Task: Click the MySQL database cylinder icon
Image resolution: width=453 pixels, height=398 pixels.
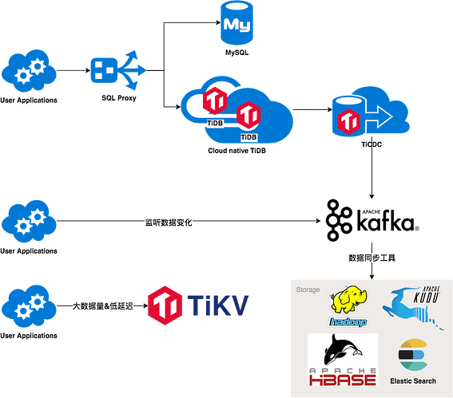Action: tap(237, 23)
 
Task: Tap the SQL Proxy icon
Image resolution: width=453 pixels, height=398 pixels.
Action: tap(118, 70)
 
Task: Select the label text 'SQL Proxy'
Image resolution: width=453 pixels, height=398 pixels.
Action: tap(119, 98)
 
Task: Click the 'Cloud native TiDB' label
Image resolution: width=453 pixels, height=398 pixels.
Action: tap(236, 151)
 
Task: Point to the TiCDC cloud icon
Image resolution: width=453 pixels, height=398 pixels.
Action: tap(371, 112)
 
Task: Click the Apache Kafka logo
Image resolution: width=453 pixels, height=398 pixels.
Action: tap(372, 220)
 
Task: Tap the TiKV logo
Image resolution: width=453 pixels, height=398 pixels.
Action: tap(198, 305)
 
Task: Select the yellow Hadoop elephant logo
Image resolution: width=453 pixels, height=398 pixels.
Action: tap(348, 306)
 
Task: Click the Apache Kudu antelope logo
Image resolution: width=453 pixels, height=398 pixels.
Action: tap(412, 307)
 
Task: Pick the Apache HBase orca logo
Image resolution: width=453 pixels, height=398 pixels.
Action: tap(343, 360)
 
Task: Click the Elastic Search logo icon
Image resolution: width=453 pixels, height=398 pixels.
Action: tap(413, 355)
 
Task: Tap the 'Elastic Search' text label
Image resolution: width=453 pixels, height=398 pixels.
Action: tap(413, 381)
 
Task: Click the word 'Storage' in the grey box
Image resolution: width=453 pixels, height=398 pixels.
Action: tap(308, 290)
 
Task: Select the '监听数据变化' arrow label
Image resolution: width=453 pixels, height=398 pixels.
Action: tap(169, 223)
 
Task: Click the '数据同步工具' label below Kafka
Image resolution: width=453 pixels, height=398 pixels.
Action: tap(372, 258)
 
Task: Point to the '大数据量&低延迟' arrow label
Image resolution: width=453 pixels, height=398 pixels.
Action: tap(102, 306)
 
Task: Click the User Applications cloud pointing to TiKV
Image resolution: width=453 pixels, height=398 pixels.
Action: tap(29, 306)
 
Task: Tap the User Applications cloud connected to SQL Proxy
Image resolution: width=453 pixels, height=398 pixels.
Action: tap(29, 71)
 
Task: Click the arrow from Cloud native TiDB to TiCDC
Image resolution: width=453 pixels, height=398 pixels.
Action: tap(312, 109)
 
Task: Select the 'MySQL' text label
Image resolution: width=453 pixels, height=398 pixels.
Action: tap(236, 53)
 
